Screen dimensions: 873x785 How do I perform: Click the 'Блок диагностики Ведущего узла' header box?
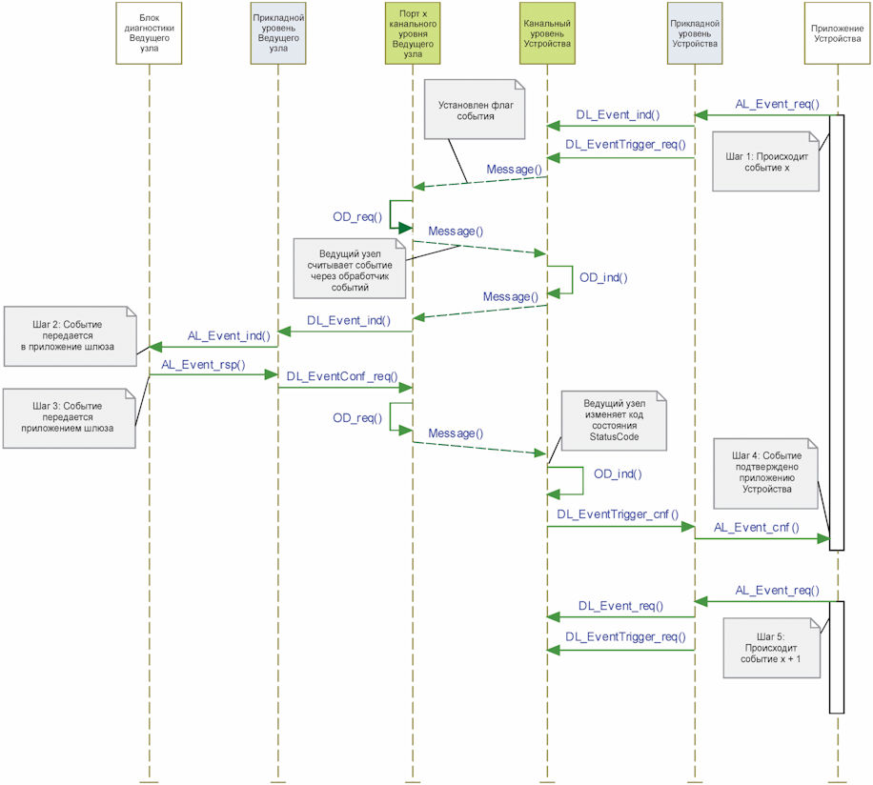(x=149, y=32)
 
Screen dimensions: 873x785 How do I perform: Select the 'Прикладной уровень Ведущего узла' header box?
(x=278, y=32)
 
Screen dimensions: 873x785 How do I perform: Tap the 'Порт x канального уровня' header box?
(x=413, y=32)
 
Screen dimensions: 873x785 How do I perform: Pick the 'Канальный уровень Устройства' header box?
(x=547, y=32)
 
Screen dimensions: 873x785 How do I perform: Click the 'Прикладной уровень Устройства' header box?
(x=695, y=32)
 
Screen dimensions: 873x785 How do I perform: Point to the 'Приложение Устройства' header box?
(x=838, y=32)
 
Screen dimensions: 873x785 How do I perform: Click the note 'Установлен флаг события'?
(x=475, y=109)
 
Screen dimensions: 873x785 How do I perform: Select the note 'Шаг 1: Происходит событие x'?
(x=765, y=161)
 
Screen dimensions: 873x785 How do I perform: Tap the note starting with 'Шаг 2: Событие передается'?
(x=71, y=336)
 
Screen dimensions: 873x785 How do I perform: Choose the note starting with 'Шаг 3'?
(x=69, y=418)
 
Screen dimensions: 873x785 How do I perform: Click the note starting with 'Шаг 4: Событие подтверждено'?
(x=765, y=473)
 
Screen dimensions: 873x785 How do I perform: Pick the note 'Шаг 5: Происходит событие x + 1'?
(x=772, y=648)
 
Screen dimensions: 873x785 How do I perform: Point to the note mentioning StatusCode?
(x=614, y=420)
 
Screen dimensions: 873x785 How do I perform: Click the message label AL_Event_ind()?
(x=229, y=336)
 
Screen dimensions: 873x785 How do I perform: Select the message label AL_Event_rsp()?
(x=203, y=365)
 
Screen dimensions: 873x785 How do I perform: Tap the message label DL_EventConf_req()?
(x=342, y=376)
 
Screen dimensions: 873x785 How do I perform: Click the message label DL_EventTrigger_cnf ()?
(x=618, y=514)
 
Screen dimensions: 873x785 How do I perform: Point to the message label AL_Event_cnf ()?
(x=756, y=528)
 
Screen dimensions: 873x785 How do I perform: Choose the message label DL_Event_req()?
(x=620, y=606)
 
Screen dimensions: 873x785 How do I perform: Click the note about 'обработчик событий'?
(x=350, y=269)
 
